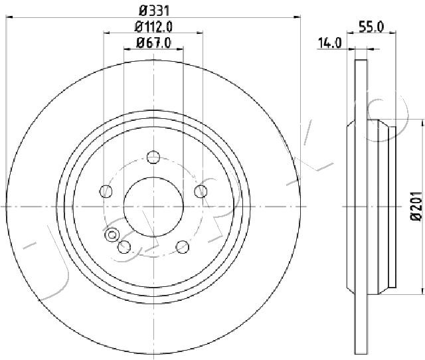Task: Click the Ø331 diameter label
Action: pyautogui.click(x=154, y=11)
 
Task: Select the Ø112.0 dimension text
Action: pyautogui.click(x=153, y=27)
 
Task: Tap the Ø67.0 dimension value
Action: pyautogui.click(x=153, y=43)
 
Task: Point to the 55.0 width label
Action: pyautogui.click(x=371, y=27)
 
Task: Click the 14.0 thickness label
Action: pyautogui.click(x=330, y=43)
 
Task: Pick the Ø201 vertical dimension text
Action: pyautogui.click(x=416, y=206)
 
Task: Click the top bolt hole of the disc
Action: pyautogui.click(x=153, y=157)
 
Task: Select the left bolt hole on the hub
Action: pyautogui.click(x=106, y=191)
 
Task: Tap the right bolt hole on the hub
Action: pyautogui.click(x=201, y=191)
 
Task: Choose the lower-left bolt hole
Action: pyautogui.click(x=125, y=247)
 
